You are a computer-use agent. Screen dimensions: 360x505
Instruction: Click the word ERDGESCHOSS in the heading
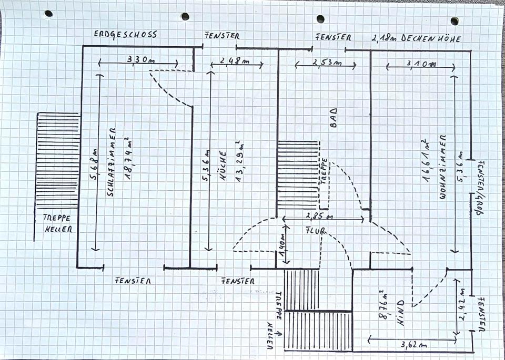125,34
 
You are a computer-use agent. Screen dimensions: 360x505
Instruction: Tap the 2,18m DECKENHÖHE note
416,38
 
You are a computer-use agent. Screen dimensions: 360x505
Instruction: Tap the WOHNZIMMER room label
442,167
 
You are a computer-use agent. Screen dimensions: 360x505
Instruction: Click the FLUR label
316,230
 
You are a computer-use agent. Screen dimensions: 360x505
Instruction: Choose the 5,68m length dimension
94,161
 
